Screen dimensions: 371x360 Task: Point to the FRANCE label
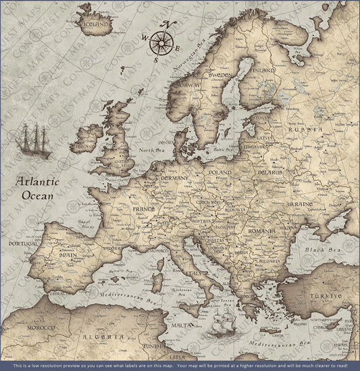pos(143,209)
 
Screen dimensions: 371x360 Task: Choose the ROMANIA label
pos(260,232)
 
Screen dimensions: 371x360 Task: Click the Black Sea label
pos(318,249)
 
